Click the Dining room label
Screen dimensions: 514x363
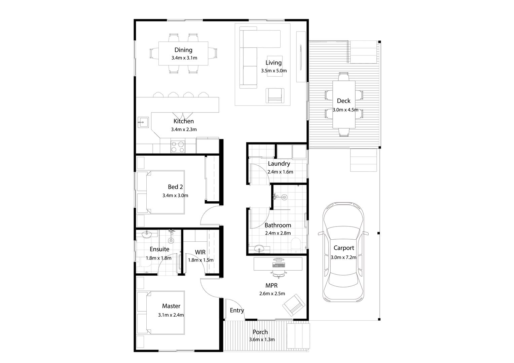(x=183, y=50)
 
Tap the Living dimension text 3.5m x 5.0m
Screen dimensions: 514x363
(x=274, y=71)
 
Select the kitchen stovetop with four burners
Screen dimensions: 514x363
(x=178, y=147)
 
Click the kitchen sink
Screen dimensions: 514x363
(x=143, y=122)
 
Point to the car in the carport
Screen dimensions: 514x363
(x=343, y=252)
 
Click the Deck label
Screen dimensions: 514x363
(x=343, y=101)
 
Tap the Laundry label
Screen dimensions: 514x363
(x=279, y=164)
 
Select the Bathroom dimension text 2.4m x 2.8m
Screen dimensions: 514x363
(x=278, y=233)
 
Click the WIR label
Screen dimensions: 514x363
(x=200, y=252)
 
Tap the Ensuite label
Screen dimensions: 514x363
(x=159, y=249)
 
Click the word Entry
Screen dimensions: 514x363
(x=237, y=311)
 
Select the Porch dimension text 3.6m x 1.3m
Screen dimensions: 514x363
(x=262, y=339)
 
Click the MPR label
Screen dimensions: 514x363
(x=271, y=286)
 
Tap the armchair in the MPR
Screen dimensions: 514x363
(x=294, y=305)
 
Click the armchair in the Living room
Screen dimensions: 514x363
(x=275, y=95)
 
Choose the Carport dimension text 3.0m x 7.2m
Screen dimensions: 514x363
(x=343, y=257)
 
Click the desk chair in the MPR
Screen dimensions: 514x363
(x=279, y=274)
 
